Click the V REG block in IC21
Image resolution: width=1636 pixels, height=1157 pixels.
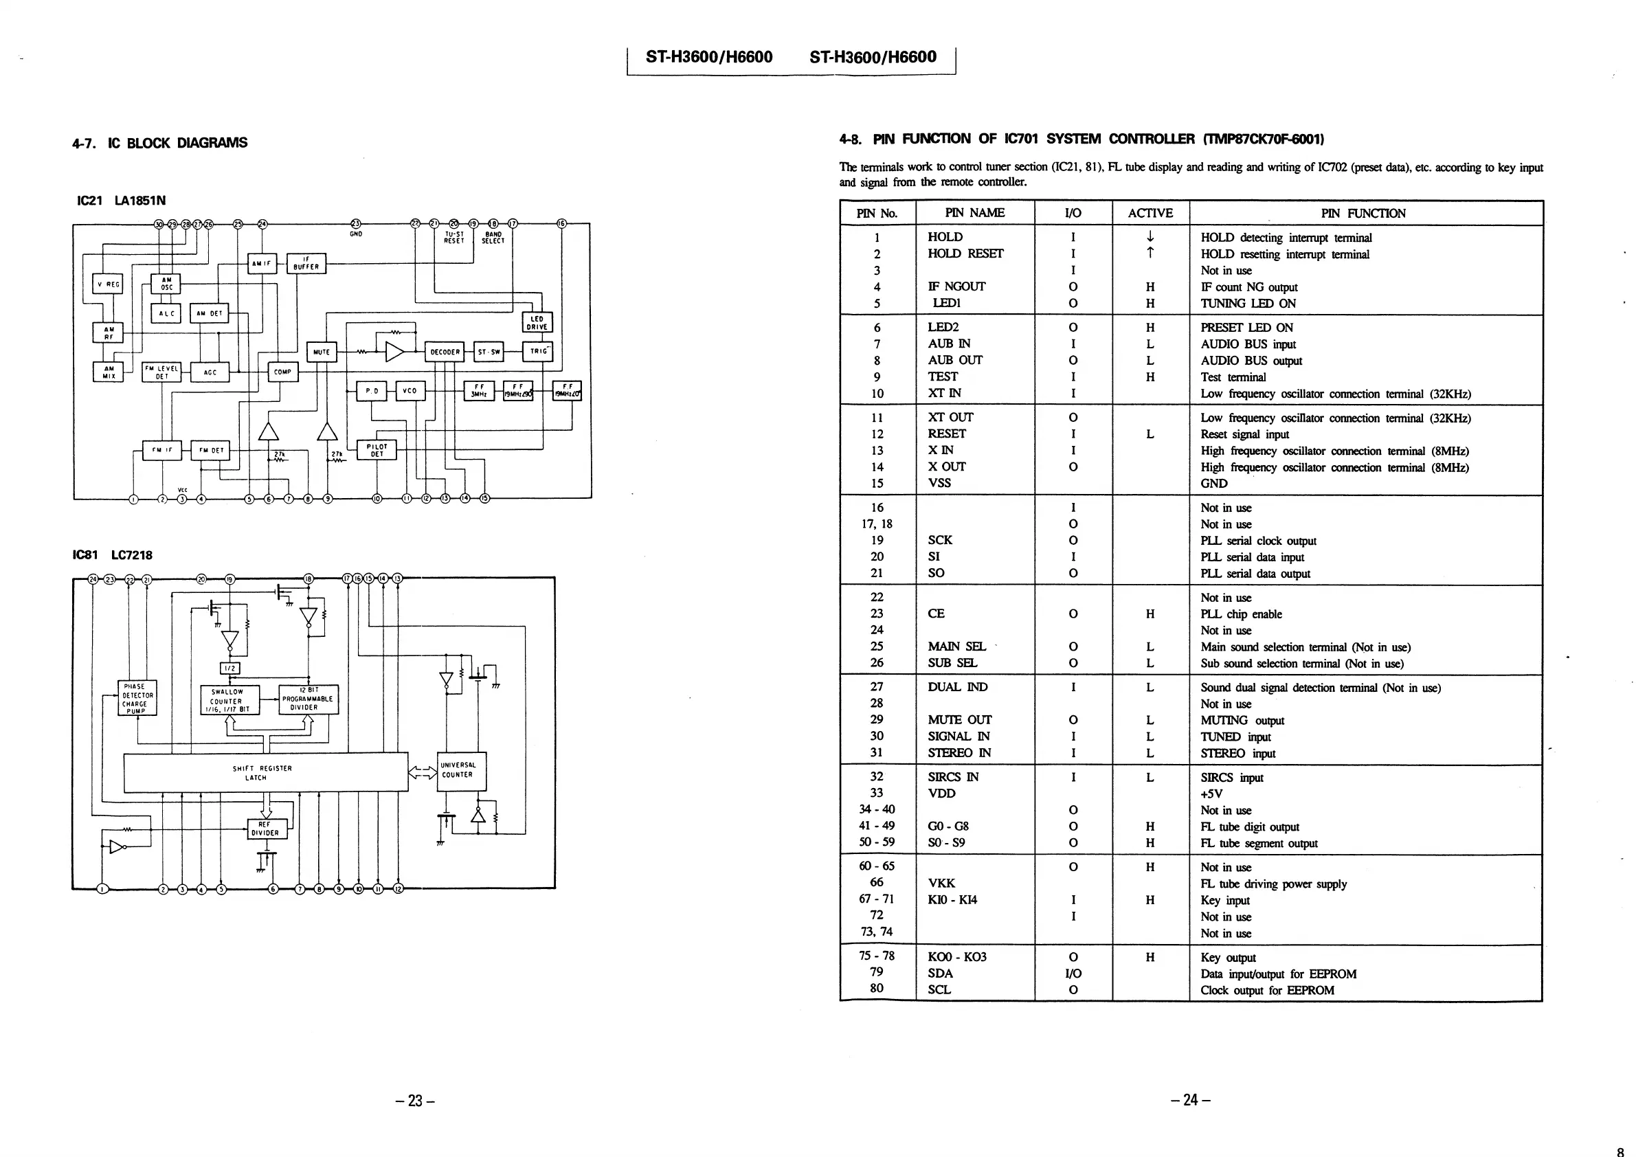108,284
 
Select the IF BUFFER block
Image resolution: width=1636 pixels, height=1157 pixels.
306,264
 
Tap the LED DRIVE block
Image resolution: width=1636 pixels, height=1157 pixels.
537,323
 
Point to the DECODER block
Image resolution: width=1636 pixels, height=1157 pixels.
445,352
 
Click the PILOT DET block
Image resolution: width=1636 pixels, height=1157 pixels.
377,450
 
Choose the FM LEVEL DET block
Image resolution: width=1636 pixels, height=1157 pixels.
161,372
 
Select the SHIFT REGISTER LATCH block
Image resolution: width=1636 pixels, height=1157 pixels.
266,772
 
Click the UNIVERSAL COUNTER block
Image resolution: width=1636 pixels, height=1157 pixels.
461,771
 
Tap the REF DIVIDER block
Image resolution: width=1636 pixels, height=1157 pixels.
267,829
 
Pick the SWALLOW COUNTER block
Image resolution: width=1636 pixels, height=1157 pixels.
229,700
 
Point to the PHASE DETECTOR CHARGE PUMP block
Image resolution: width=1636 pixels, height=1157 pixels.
137,698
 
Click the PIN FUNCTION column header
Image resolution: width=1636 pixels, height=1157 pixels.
1363,213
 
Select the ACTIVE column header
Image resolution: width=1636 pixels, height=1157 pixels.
1150,213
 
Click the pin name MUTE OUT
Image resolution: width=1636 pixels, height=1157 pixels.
959,719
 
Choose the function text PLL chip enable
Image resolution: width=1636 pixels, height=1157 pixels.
1240,614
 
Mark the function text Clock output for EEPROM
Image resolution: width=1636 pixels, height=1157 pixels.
1267,990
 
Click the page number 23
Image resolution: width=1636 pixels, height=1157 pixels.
415,1101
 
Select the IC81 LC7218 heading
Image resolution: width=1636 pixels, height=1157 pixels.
113,555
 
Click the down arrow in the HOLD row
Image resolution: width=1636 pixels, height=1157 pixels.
1150,236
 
